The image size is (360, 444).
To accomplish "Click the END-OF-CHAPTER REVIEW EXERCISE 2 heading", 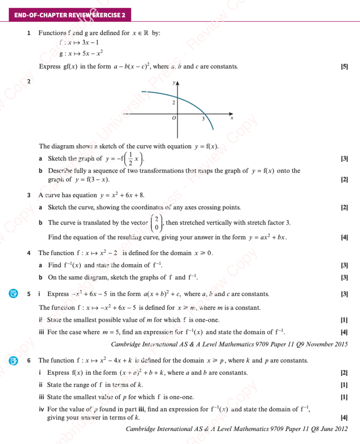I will tap(69, 15).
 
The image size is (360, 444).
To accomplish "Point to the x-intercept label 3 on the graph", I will tap(203, 119).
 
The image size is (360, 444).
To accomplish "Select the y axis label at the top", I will tap(173, 82).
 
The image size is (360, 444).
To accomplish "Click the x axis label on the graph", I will tap(232, 118).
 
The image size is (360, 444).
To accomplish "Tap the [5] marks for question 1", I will tap(345, 67).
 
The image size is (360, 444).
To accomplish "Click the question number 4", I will tap(29, 253).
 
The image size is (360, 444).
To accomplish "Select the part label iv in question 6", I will tap(41, 409).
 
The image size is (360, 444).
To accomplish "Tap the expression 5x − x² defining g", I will tap(92, 54).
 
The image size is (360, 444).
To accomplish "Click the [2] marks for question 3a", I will tap(345, 208).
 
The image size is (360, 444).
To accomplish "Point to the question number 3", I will tap(29, 196).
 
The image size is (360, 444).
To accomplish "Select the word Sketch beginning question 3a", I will tap(56, 208).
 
